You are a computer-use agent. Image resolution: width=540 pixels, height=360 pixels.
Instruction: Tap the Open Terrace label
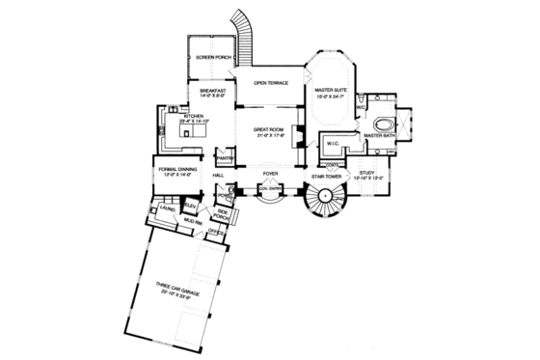tap(273, 83)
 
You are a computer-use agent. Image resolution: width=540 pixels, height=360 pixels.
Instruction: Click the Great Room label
tap(269, 129)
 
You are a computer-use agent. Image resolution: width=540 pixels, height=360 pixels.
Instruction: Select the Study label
tap(371, 173)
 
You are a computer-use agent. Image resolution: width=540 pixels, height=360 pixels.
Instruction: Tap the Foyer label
tap(272, 176)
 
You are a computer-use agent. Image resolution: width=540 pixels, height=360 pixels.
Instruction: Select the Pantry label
tap(226, 156)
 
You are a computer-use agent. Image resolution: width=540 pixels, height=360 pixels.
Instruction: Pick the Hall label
tap(218, 176)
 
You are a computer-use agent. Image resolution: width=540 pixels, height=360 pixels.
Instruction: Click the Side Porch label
tap(222, 213)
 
